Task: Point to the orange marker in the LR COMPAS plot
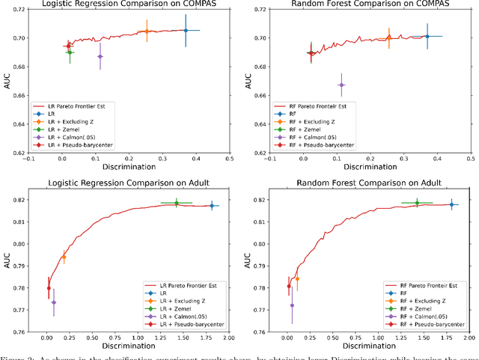[x=147, y=31]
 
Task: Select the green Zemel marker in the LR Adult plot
[x=177, y=204]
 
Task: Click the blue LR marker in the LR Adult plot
[x=212, y=206]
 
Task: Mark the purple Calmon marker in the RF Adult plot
[x=292, y=305]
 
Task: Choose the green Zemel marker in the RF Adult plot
[x=417, y=203]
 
